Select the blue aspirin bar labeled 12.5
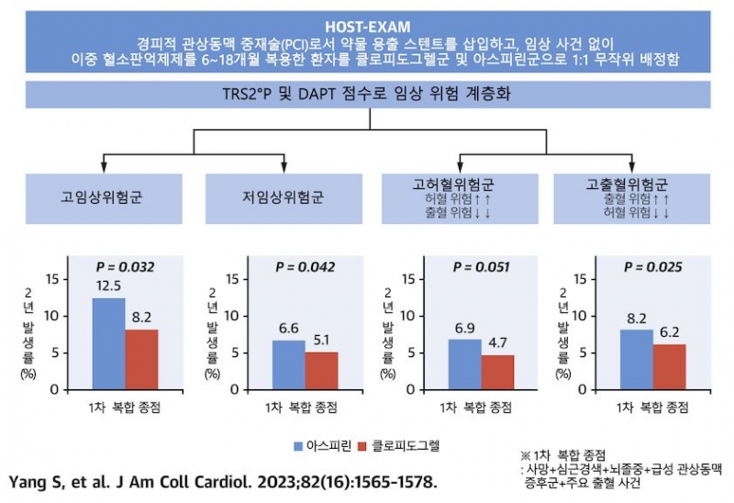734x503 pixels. [108, 343]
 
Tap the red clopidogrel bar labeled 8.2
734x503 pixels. [142, 359]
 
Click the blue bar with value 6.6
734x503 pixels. [288, 364]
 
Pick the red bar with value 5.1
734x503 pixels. [321, 370]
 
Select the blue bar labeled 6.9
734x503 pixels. [464, 363]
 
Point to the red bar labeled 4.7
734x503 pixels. [497, 372]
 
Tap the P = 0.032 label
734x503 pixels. [126, 267]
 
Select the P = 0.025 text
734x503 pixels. [653, 267]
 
